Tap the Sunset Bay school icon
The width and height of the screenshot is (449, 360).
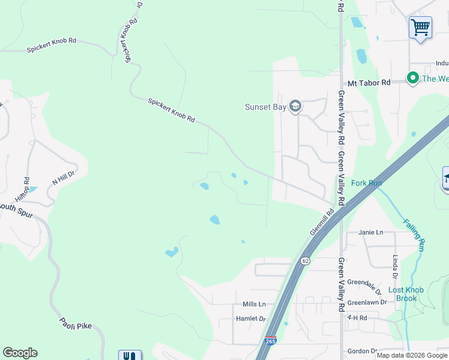click(x=295, y=107)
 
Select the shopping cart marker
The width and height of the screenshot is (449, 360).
click(x=420, y=27)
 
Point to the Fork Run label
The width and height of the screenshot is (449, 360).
click(x=366, y=183)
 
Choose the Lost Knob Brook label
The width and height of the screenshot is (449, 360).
click(x=406, y=294)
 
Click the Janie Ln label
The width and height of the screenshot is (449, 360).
click(x=370, y=232)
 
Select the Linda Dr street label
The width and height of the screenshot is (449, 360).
click(x=395, y=267)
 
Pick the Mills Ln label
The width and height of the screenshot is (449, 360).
click(x=254, y=304)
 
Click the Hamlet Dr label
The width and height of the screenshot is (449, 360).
click(x=250, y=319)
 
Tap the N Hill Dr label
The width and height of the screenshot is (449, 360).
click(x=62, y=178)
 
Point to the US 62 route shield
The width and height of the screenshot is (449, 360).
click(x=305, y=261)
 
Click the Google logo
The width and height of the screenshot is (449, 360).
click(x=20, y=353)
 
